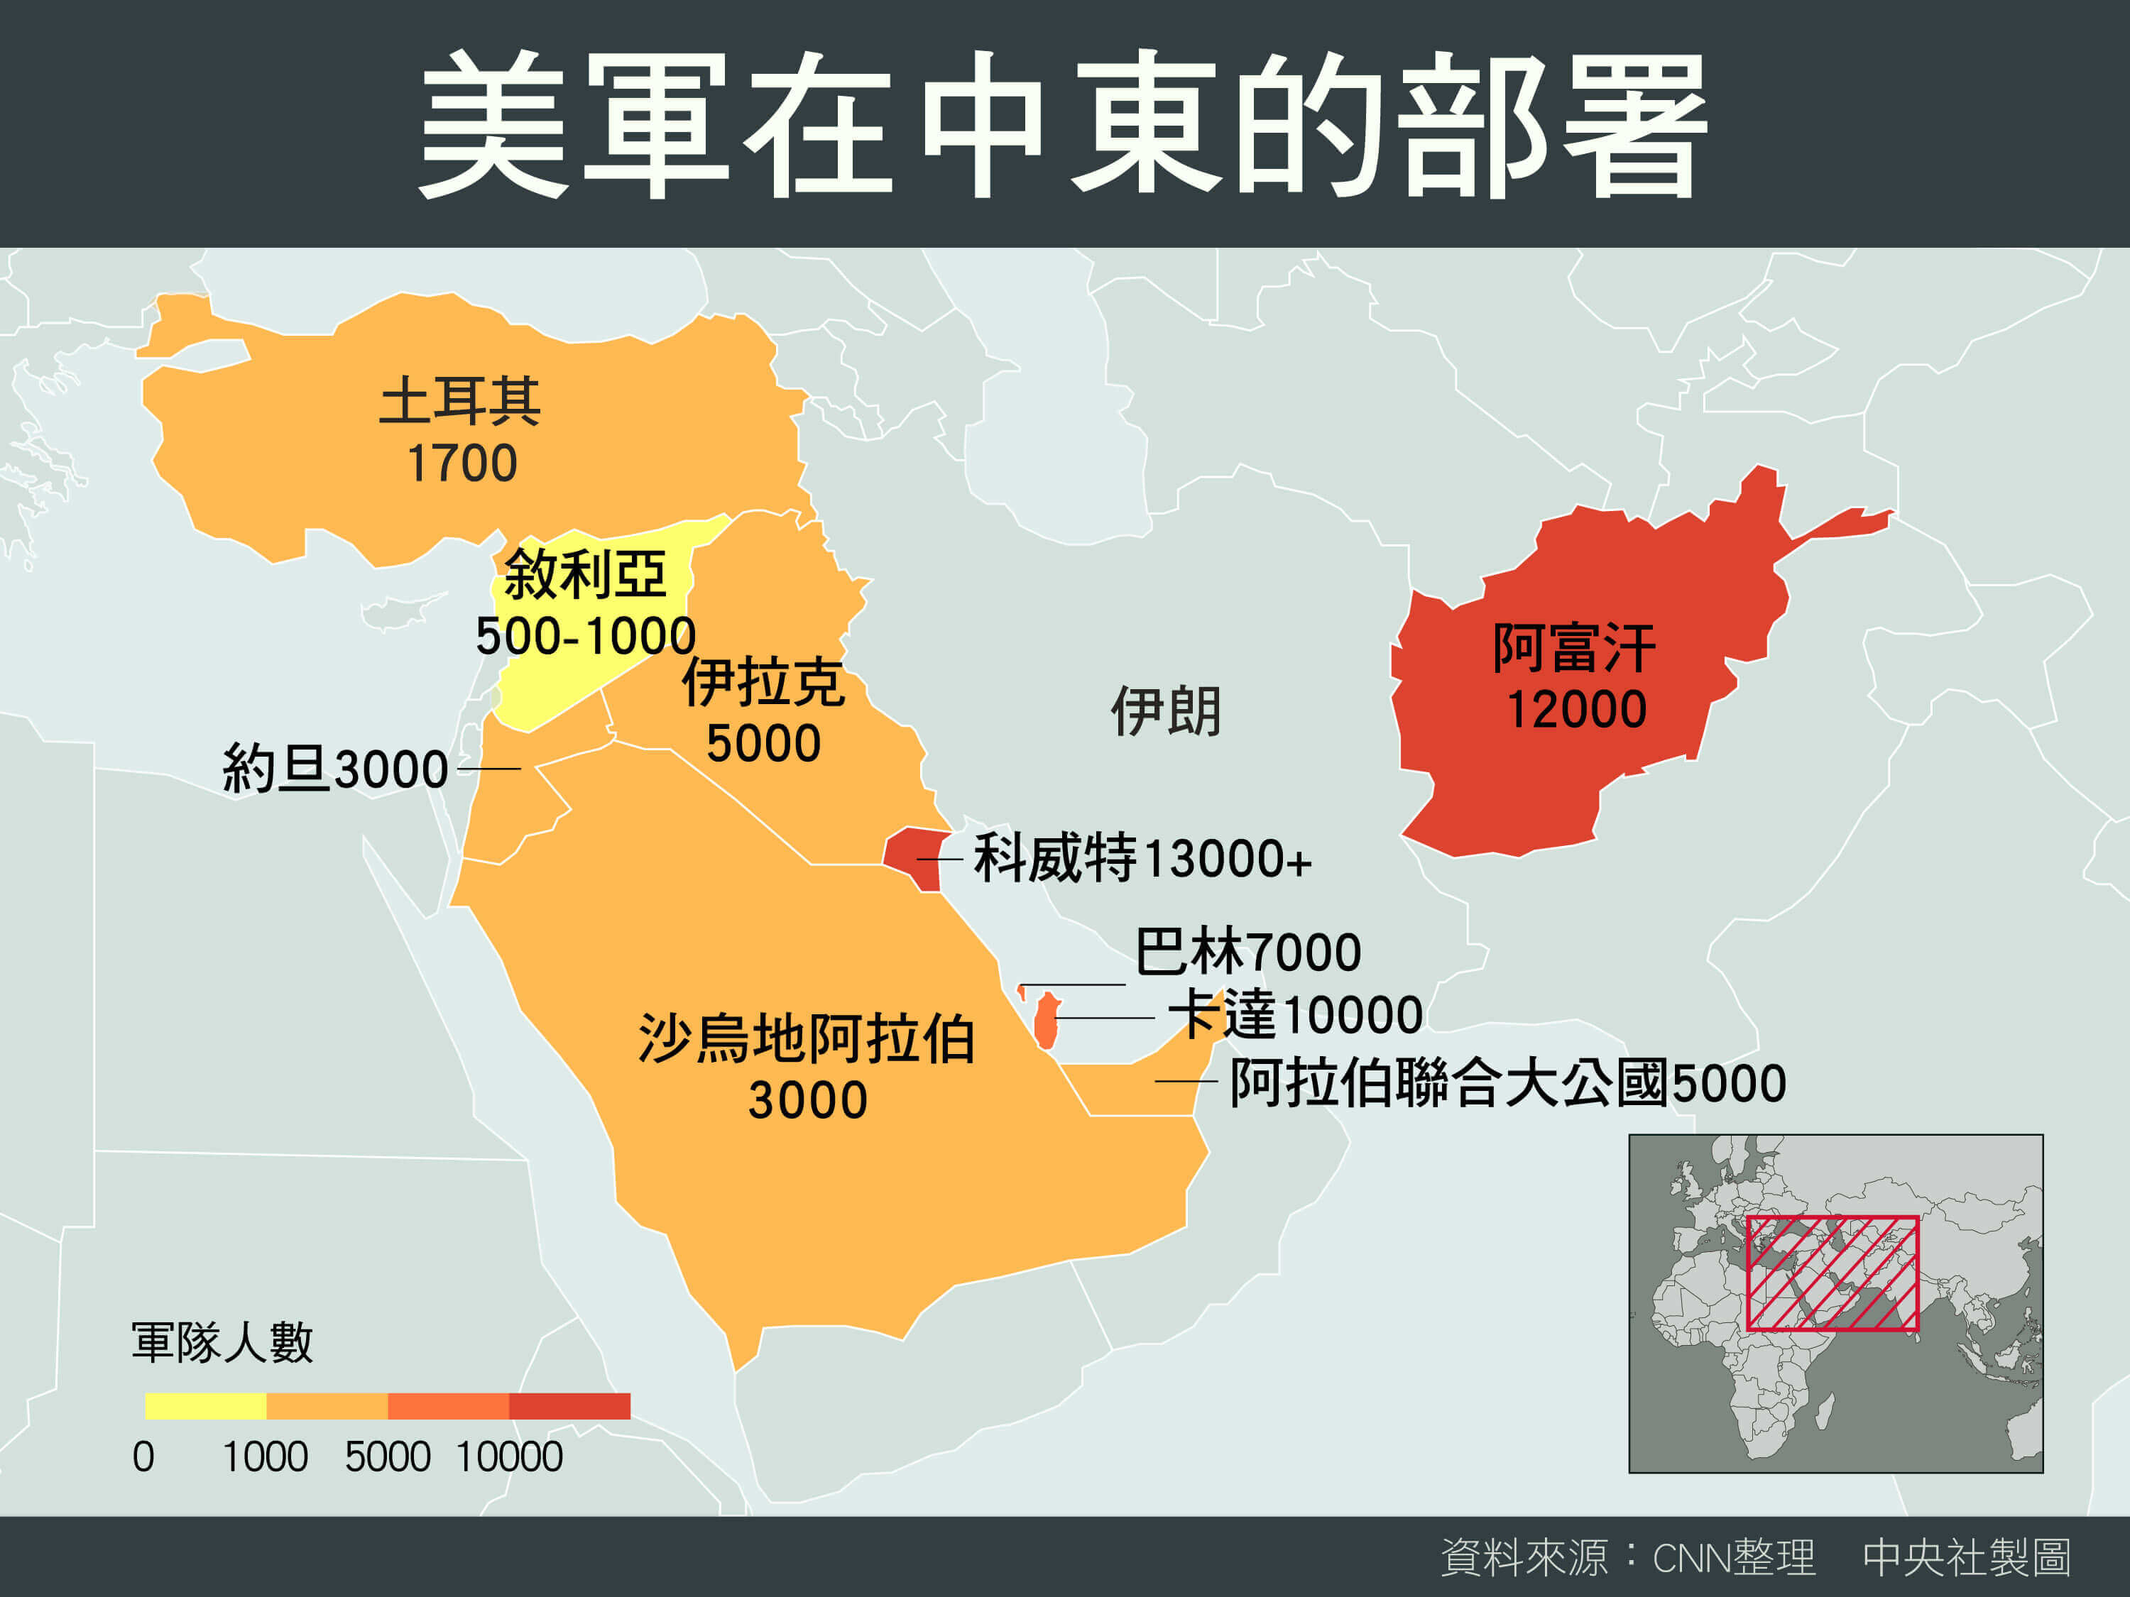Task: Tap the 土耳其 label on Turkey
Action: pos(460,400)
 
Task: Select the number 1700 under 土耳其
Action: pos(462,464)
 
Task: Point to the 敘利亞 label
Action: pos(584,575)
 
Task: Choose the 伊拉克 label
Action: pos(763,683)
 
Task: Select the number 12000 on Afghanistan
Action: pos(1576,710)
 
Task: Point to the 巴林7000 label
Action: pos(1248,952)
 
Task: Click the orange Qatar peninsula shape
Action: pos(1047,1022)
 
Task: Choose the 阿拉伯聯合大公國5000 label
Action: pos(1508,1083)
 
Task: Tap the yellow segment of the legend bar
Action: pos(205,1405)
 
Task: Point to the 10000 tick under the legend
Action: pos(509,1457)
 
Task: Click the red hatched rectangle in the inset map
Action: pos(1833,1273)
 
